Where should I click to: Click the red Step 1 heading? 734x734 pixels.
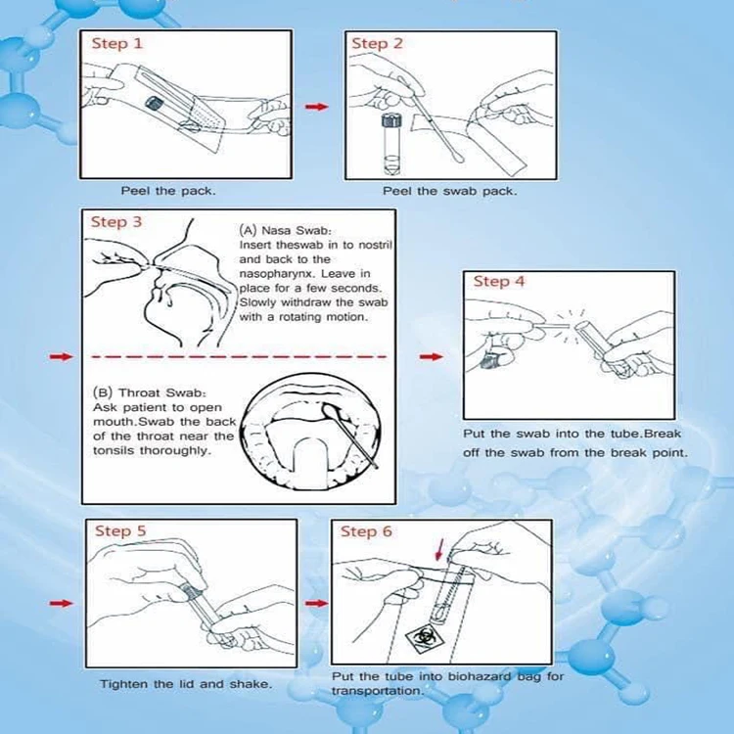[117, 43]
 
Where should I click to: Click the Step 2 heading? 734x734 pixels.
[377, 43]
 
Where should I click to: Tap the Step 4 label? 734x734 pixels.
[499, 281]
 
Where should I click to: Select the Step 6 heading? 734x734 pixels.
[366, 531]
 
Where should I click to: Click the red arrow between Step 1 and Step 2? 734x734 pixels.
[317, 107]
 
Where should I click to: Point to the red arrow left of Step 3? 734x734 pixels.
[62, 356]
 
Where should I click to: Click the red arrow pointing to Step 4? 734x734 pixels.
[432, 356]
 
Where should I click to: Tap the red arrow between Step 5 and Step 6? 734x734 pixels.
[317, 603]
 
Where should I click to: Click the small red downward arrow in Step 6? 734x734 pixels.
[438, 549]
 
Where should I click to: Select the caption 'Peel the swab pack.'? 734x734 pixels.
[450, 192]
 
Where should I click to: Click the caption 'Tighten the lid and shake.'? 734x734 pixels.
[186, 684]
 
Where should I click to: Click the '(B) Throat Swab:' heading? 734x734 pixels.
[150, 392]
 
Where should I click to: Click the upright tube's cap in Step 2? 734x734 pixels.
[391, 120]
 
